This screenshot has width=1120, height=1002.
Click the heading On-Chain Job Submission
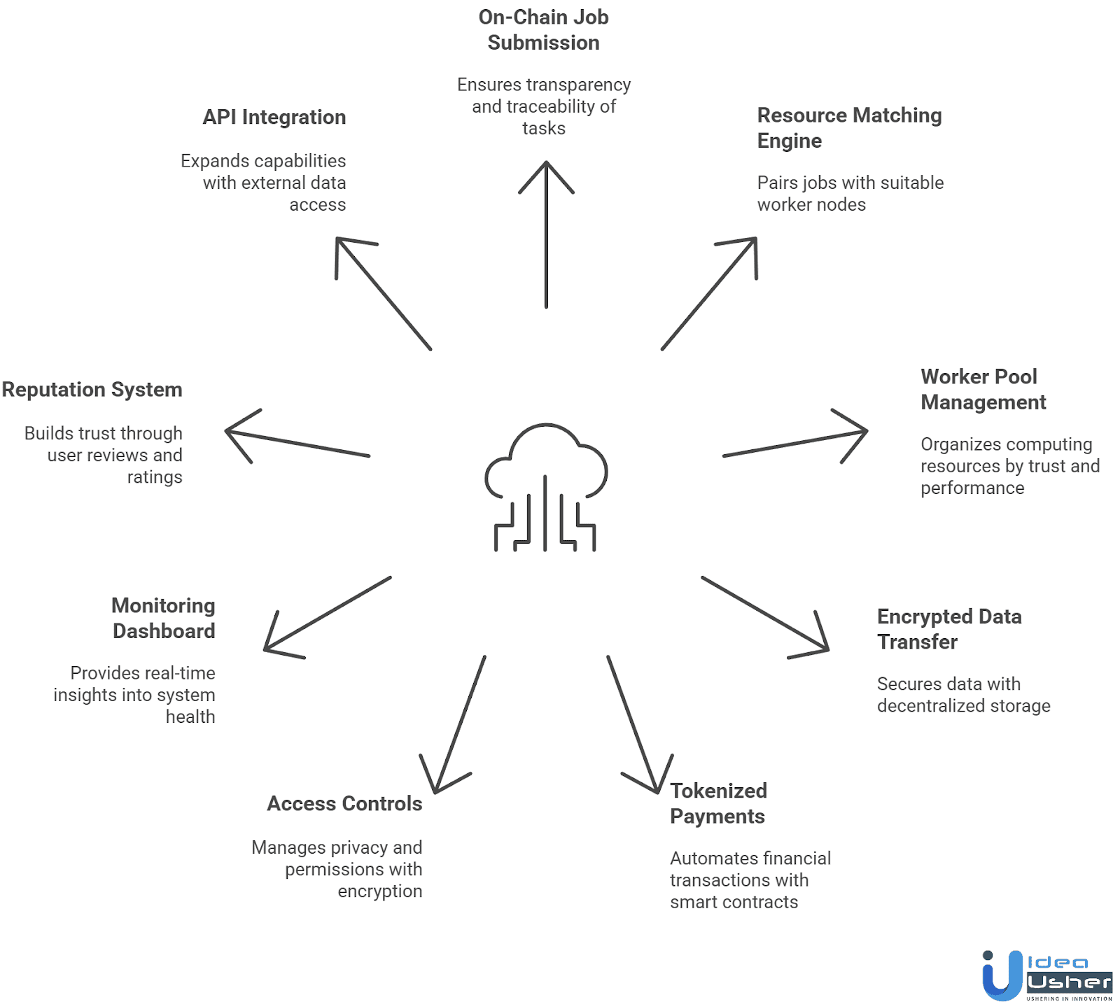(x=543, y=30)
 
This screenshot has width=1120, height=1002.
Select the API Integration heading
(x=274, y=117)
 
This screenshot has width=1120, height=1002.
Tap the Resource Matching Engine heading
(x=849, y=127)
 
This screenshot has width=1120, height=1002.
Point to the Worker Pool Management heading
(x=983, y=389)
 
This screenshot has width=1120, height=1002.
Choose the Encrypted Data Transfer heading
(x=948, y=629)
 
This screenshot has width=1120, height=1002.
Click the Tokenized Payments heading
(x=718, y=803)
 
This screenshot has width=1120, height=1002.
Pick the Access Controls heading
(x=344, y=803)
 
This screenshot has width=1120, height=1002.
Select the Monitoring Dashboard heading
(x=164, y=618)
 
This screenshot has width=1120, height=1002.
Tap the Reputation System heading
(x=92, y=389)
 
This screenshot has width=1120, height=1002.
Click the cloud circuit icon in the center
(x=546, y=486)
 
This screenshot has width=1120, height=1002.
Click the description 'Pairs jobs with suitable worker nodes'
(x=850, y=193)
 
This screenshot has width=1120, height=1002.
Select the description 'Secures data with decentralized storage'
(x=963, y=694)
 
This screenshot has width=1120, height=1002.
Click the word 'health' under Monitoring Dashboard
(x=190, y=717)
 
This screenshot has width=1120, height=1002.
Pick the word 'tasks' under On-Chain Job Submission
(x=544, y=128)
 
